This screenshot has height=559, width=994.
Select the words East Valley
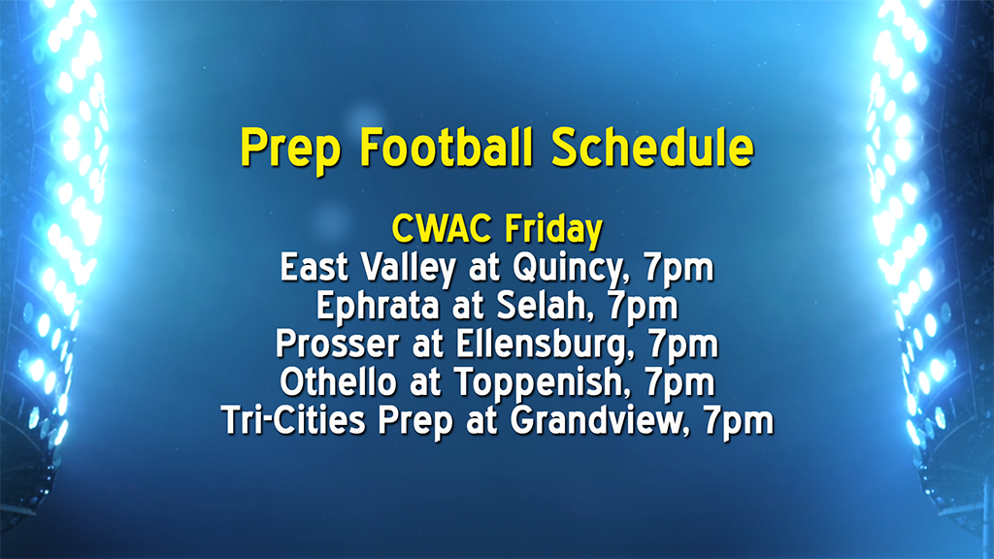click(x=368, y=268)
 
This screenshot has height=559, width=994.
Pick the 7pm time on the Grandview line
click(x=739, y=421)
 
